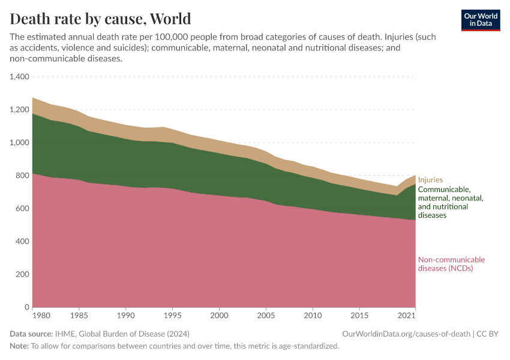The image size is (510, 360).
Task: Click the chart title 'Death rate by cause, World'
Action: point(100,19)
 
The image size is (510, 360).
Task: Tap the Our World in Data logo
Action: point(480,20)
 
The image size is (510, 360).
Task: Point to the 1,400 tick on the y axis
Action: point(20,77)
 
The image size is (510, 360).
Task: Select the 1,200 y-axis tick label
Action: point(20,110)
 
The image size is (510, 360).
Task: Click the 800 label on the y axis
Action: point(23,176)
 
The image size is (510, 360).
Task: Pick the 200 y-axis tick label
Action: point(23,274)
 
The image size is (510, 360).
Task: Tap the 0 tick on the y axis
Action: point(26,307)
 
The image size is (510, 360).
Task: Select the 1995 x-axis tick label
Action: point(172,315)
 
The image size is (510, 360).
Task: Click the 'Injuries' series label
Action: point(430,180)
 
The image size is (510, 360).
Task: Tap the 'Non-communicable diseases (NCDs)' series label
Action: point(451,264)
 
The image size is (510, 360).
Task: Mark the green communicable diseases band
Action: point(222,180)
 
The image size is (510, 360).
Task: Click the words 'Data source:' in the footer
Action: point(30,334)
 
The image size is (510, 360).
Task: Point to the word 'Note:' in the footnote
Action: point(19,346)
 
